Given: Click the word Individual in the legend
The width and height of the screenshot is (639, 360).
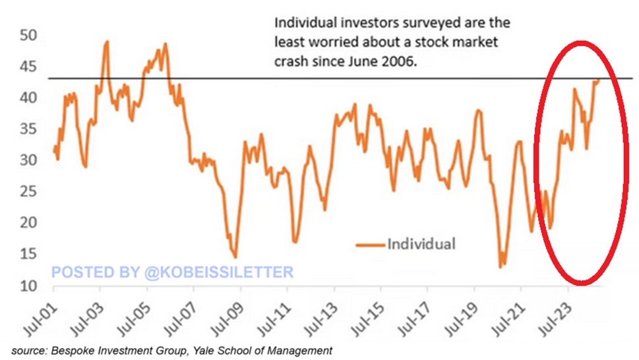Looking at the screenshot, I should (421, 243).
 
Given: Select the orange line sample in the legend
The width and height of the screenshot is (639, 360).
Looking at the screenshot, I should (369, 244).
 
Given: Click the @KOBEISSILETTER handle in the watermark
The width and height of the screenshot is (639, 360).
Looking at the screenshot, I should (217, 272).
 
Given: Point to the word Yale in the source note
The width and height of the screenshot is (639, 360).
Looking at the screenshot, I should (213, 350).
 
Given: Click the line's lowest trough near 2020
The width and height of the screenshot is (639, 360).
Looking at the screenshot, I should (501, 266).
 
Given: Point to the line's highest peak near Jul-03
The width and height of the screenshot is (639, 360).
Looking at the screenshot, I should (107, 42).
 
